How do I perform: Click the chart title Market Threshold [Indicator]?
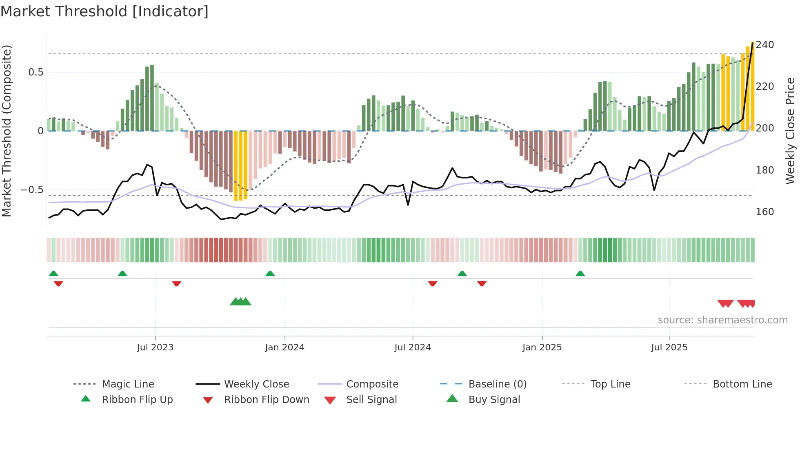coord(104,11)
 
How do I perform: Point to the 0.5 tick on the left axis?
coord(36,72)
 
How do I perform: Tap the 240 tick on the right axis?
coord(764,45)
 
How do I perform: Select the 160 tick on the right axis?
coord(764,212)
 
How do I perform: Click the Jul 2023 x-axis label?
coord(155,348)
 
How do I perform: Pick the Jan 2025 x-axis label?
coord(542,348)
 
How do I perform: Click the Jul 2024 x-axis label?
coord(412,348)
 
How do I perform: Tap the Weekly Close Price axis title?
coord(790,131)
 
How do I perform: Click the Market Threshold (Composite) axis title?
coord(7,131)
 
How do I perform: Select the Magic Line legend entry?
coord(128,384)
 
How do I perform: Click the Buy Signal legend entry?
coord(494,400)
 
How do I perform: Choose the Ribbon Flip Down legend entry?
coord(267,400)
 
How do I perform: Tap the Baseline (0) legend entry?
coord(497,384)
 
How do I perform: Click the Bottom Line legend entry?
coord(742,384)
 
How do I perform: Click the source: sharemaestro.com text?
coord(722,320)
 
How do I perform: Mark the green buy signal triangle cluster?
coord(240,302)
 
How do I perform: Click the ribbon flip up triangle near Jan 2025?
coord(580,274)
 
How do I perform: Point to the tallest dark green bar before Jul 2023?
coord(152,98)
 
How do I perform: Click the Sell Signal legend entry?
coord(371,400)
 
